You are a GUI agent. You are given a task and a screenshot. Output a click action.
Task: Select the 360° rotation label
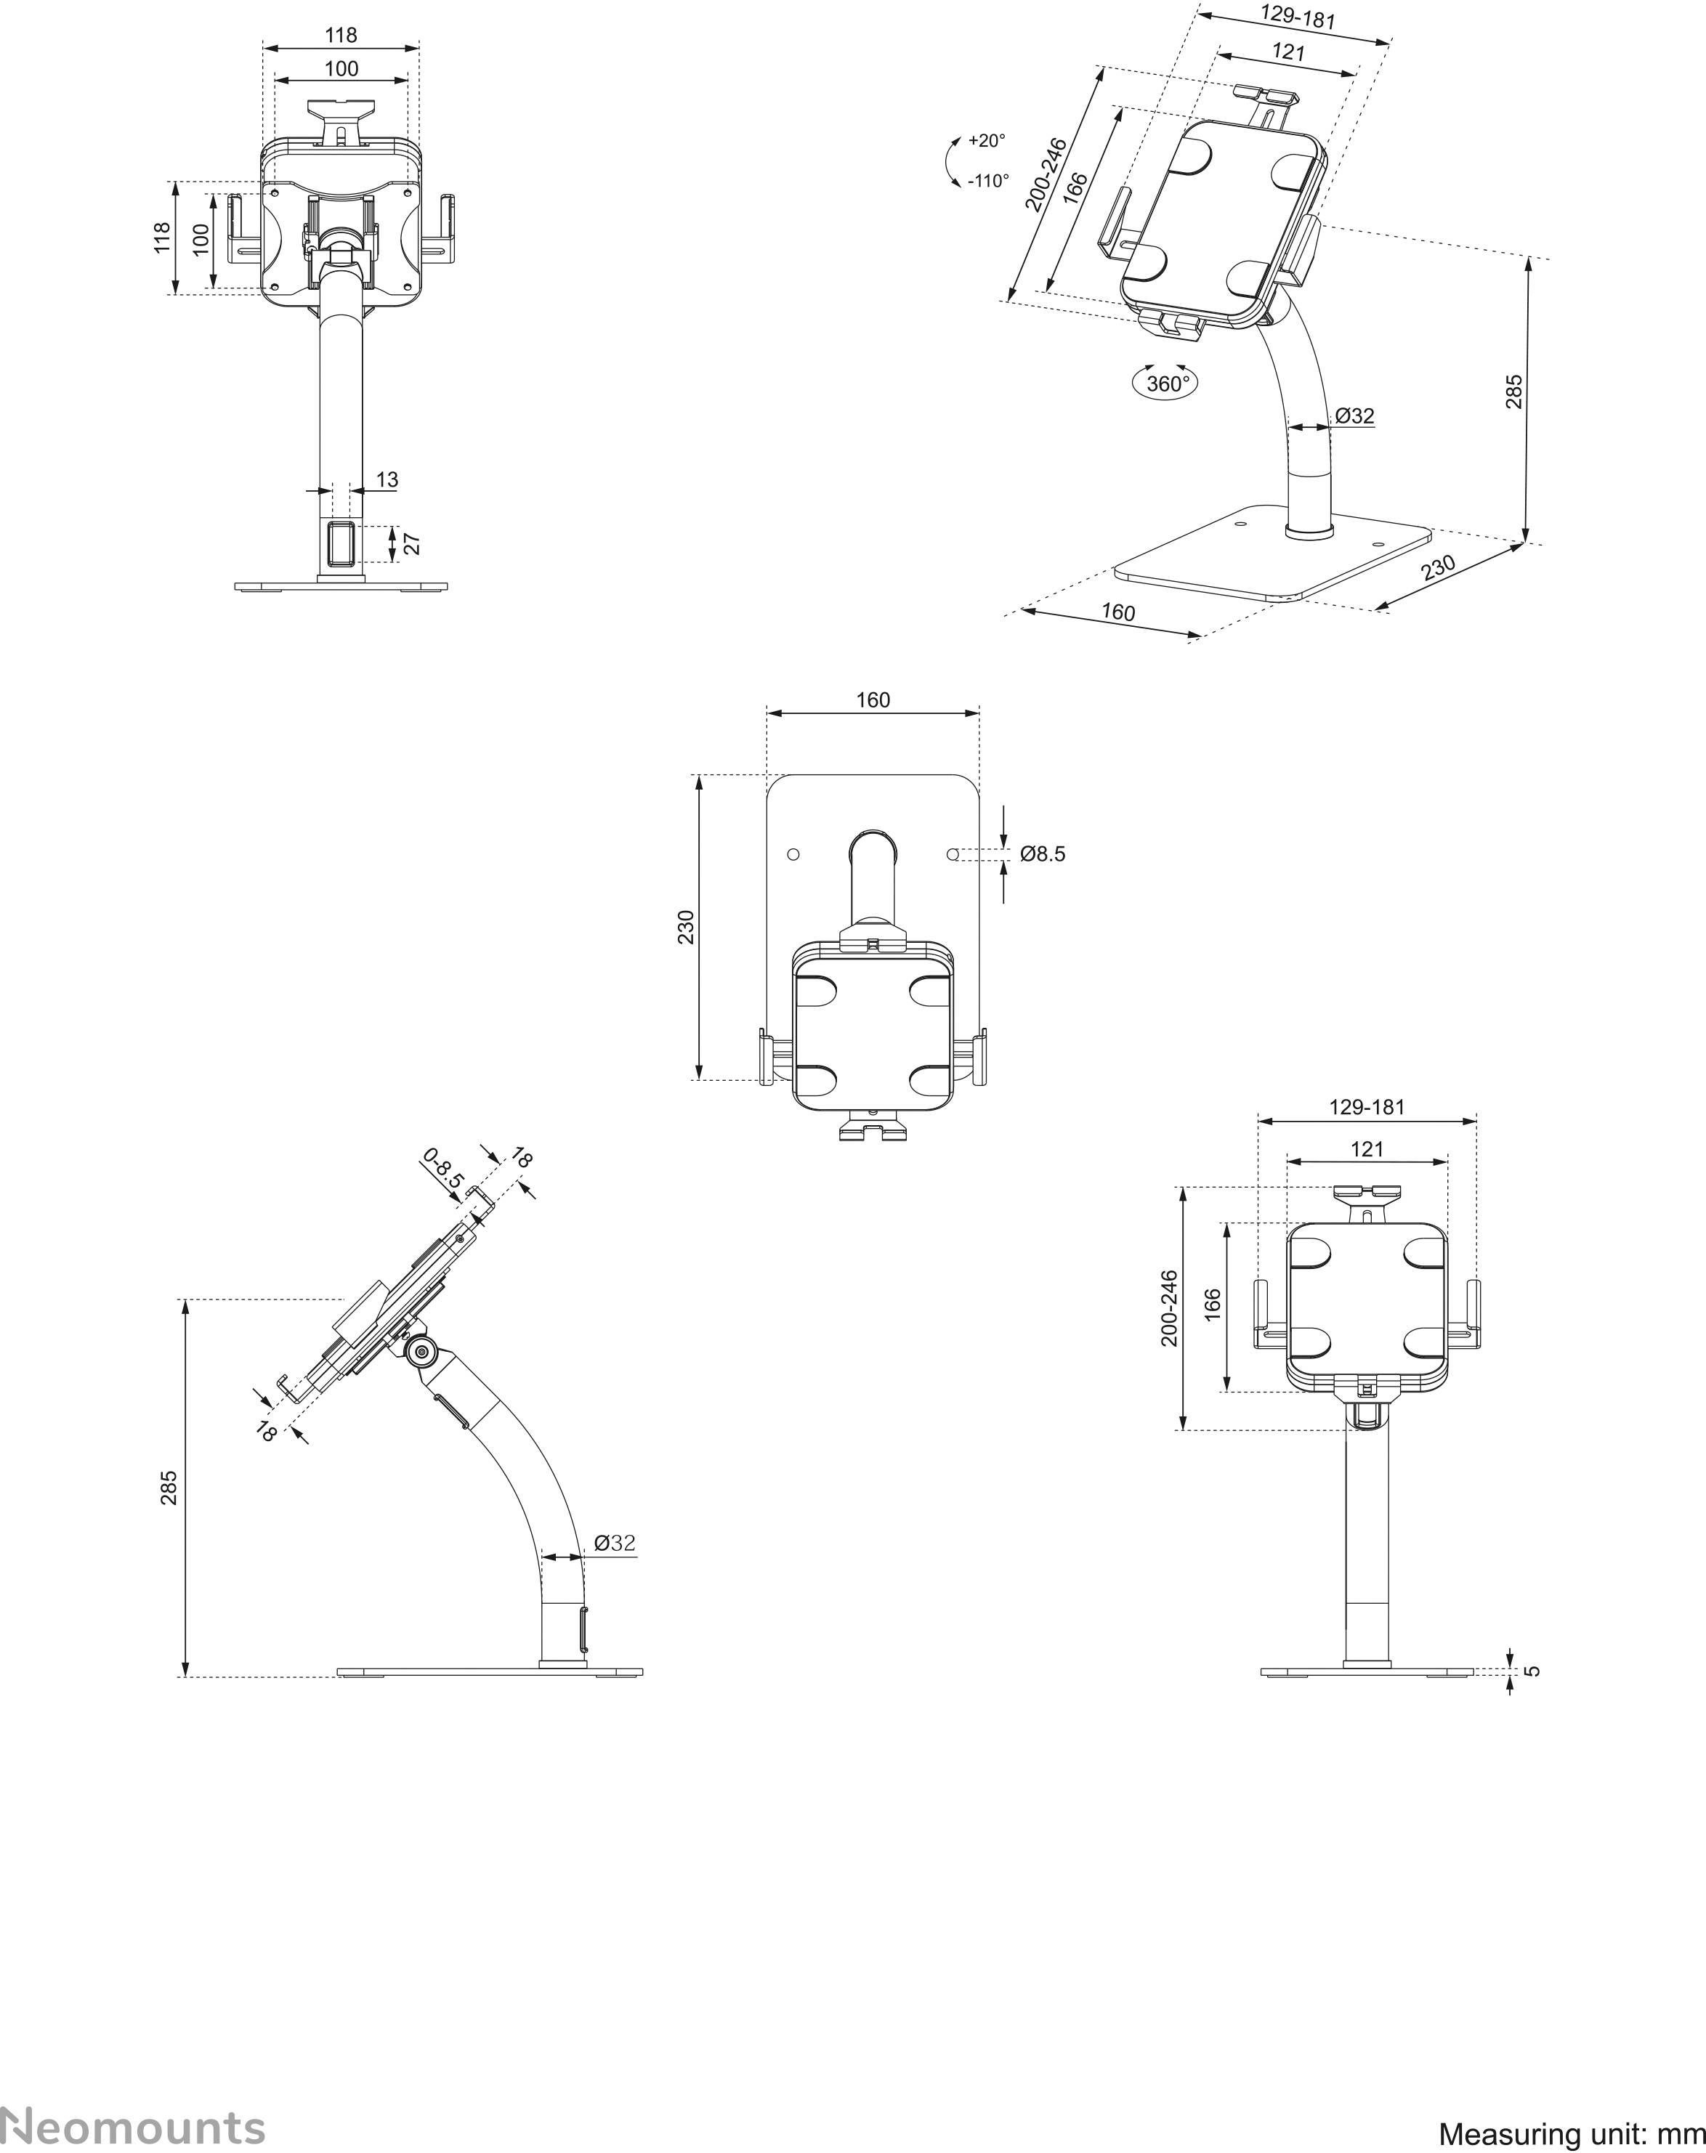pos(1168,384)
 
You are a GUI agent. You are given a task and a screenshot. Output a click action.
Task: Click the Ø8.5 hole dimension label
pos(1043,854)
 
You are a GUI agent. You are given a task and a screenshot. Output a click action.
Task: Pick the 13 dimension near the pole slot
pos(387,479)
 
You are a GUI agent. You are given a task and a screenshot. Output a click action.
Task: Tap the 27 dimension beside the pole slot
pos(411,543)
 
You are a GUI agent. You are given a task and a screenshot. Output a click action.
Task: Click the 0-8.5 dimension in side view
pos(443,1167)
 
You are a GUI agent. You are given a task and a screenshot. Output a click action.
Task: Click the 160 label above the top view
pos(873,700)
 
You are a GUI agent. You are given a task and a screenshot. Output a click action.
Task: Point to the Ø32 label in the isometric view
pos(1354,415)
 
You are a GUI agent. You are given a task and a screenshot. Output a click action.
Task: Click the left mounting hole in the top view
pos(793,855)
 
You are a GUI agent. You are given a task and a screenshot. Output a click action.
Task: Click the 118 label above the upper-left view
pos(341,35)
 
